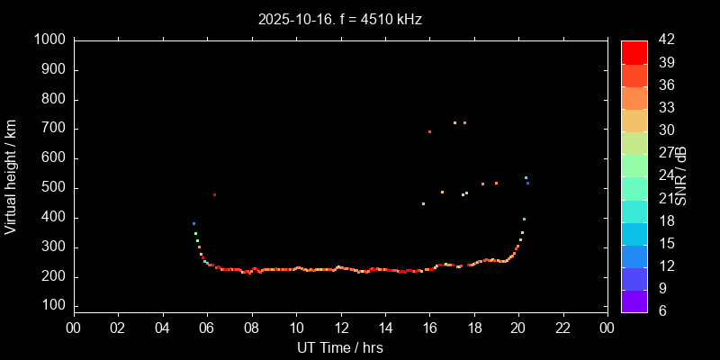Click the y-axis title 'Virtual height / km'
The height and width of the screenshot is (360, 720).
11,175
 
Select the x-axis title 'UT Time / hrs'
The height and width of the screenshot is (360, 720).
339,347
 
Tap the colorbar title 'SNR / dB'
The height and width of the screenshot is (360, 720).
681,175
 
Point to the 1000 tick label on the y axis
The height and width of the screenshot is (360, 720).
49,40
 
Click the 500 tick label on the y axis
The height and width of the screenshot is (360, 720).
53,188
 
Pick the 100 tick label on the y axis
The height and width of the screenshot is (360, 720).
53,306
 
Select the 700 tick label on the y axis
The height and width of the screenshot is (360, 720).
53,129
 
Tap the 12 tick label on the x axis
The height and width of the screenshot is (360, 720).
340,328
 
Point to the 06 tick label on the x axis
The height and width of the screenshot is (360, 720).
206,328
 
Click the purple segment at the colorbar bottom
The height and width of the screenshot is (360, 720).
634,301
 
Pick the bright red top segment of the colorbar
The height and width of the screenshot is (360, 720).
634,51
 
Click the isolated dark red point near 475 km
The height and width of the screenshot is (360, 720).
214,194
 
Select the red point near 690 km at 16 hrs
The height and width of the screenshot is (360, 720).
429,131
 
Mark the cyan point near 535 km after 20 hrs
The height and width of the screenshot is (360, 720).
526,177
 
